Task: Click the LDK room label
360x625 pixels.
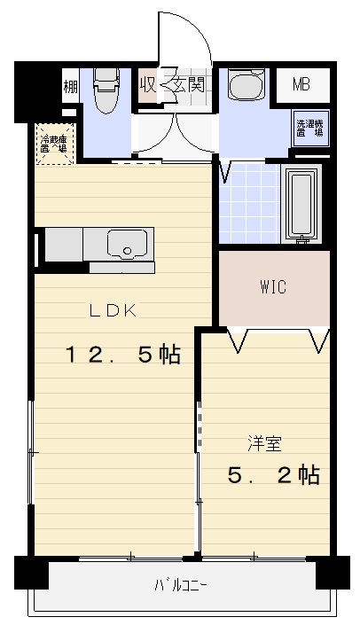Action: tap(111, 310)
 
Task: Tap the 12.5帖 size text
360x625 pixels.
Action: tap(121, 355)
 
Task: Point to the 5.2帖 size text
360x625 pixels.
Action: tap(273, 475)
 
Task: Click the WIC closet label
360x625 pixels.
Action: tap(272, 288)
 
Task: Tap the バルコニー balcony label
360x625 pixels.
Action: tap(181, 585)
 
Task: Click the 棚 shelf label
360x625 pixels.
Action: tap(69, 87)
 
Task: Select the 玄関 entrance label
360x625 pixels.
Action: tap(188, 86)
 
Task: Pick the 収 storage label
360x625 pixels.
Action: tap(148, 86)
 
